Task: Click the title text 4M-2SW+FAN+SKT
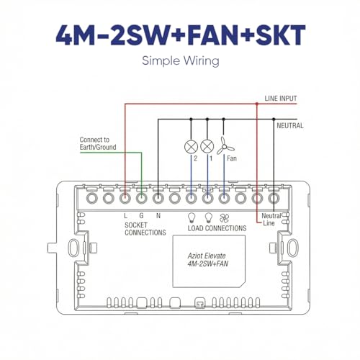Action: [x=181, y=35]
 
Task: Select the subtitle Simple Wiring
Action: [x=181, y=61]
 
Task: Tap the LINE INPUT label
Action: [x=281, y=98]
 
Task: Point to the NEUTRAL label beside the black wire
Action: [x=290, y=125]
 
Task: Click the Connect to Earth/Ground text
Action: [x=98, y=143]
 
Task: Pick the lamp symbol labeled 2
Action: [x=191, y=146]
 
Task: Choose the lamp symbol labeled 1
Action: [x=207, y=146]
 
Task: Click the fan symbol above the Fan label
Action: [x=225, y=146]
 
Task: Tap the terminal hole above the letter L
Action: [x=125, y=199]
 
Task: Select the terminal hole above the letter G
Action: [x=141, y=199]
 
